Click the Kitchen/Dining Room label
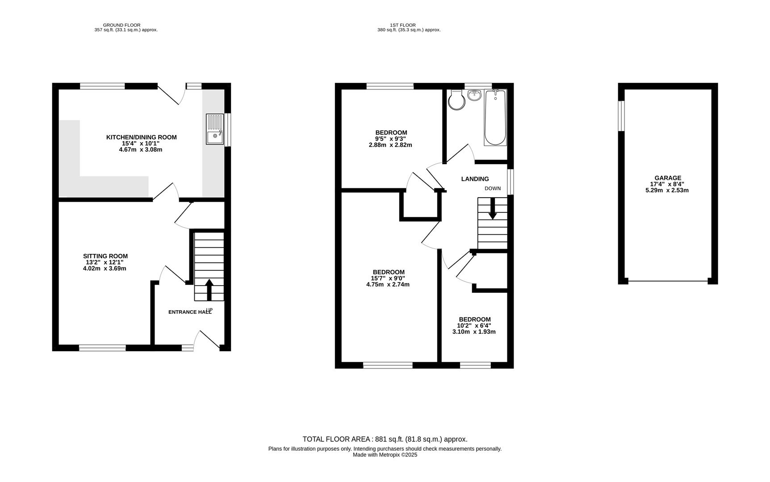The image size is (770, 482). [x=141, y=137]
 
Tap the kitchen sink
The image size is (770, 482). [x=215, y=129]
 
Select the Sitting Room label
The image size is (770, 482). [x=105, y=256]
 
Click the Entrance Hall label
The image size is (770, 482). [x=190, y=312]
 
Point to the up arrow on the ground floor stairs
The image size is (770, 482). [x=209, y=290]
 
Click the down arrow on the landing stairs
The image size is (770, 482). [x=493, y=208]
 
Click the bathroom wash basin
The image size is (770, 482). [x=474, y=95]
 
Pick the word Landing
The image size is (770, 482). [x=475, y=179]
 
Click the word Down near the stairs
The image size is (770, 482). [x=493, y=188]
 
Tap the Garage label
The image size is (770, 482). [x=668, y=178]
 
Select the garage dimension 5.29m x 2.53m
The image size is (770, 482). [x=667, y=190]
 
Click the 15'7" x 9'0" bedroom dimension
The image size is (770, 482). [x=388, y=278]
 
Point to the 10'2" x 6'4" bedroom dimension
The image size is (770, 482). [x=474, y=325]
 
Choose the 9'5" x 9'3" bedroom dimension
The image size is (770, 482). [x=391, y=138]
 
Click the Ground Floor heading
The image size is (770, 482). [x=121, y=25]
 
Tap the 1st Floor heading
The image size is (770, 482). [x=403, y=25]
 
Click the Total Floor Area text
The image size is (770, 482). [x=385, y=439]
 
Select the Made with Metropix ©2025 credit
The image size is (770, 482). [x=385, y=455]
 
